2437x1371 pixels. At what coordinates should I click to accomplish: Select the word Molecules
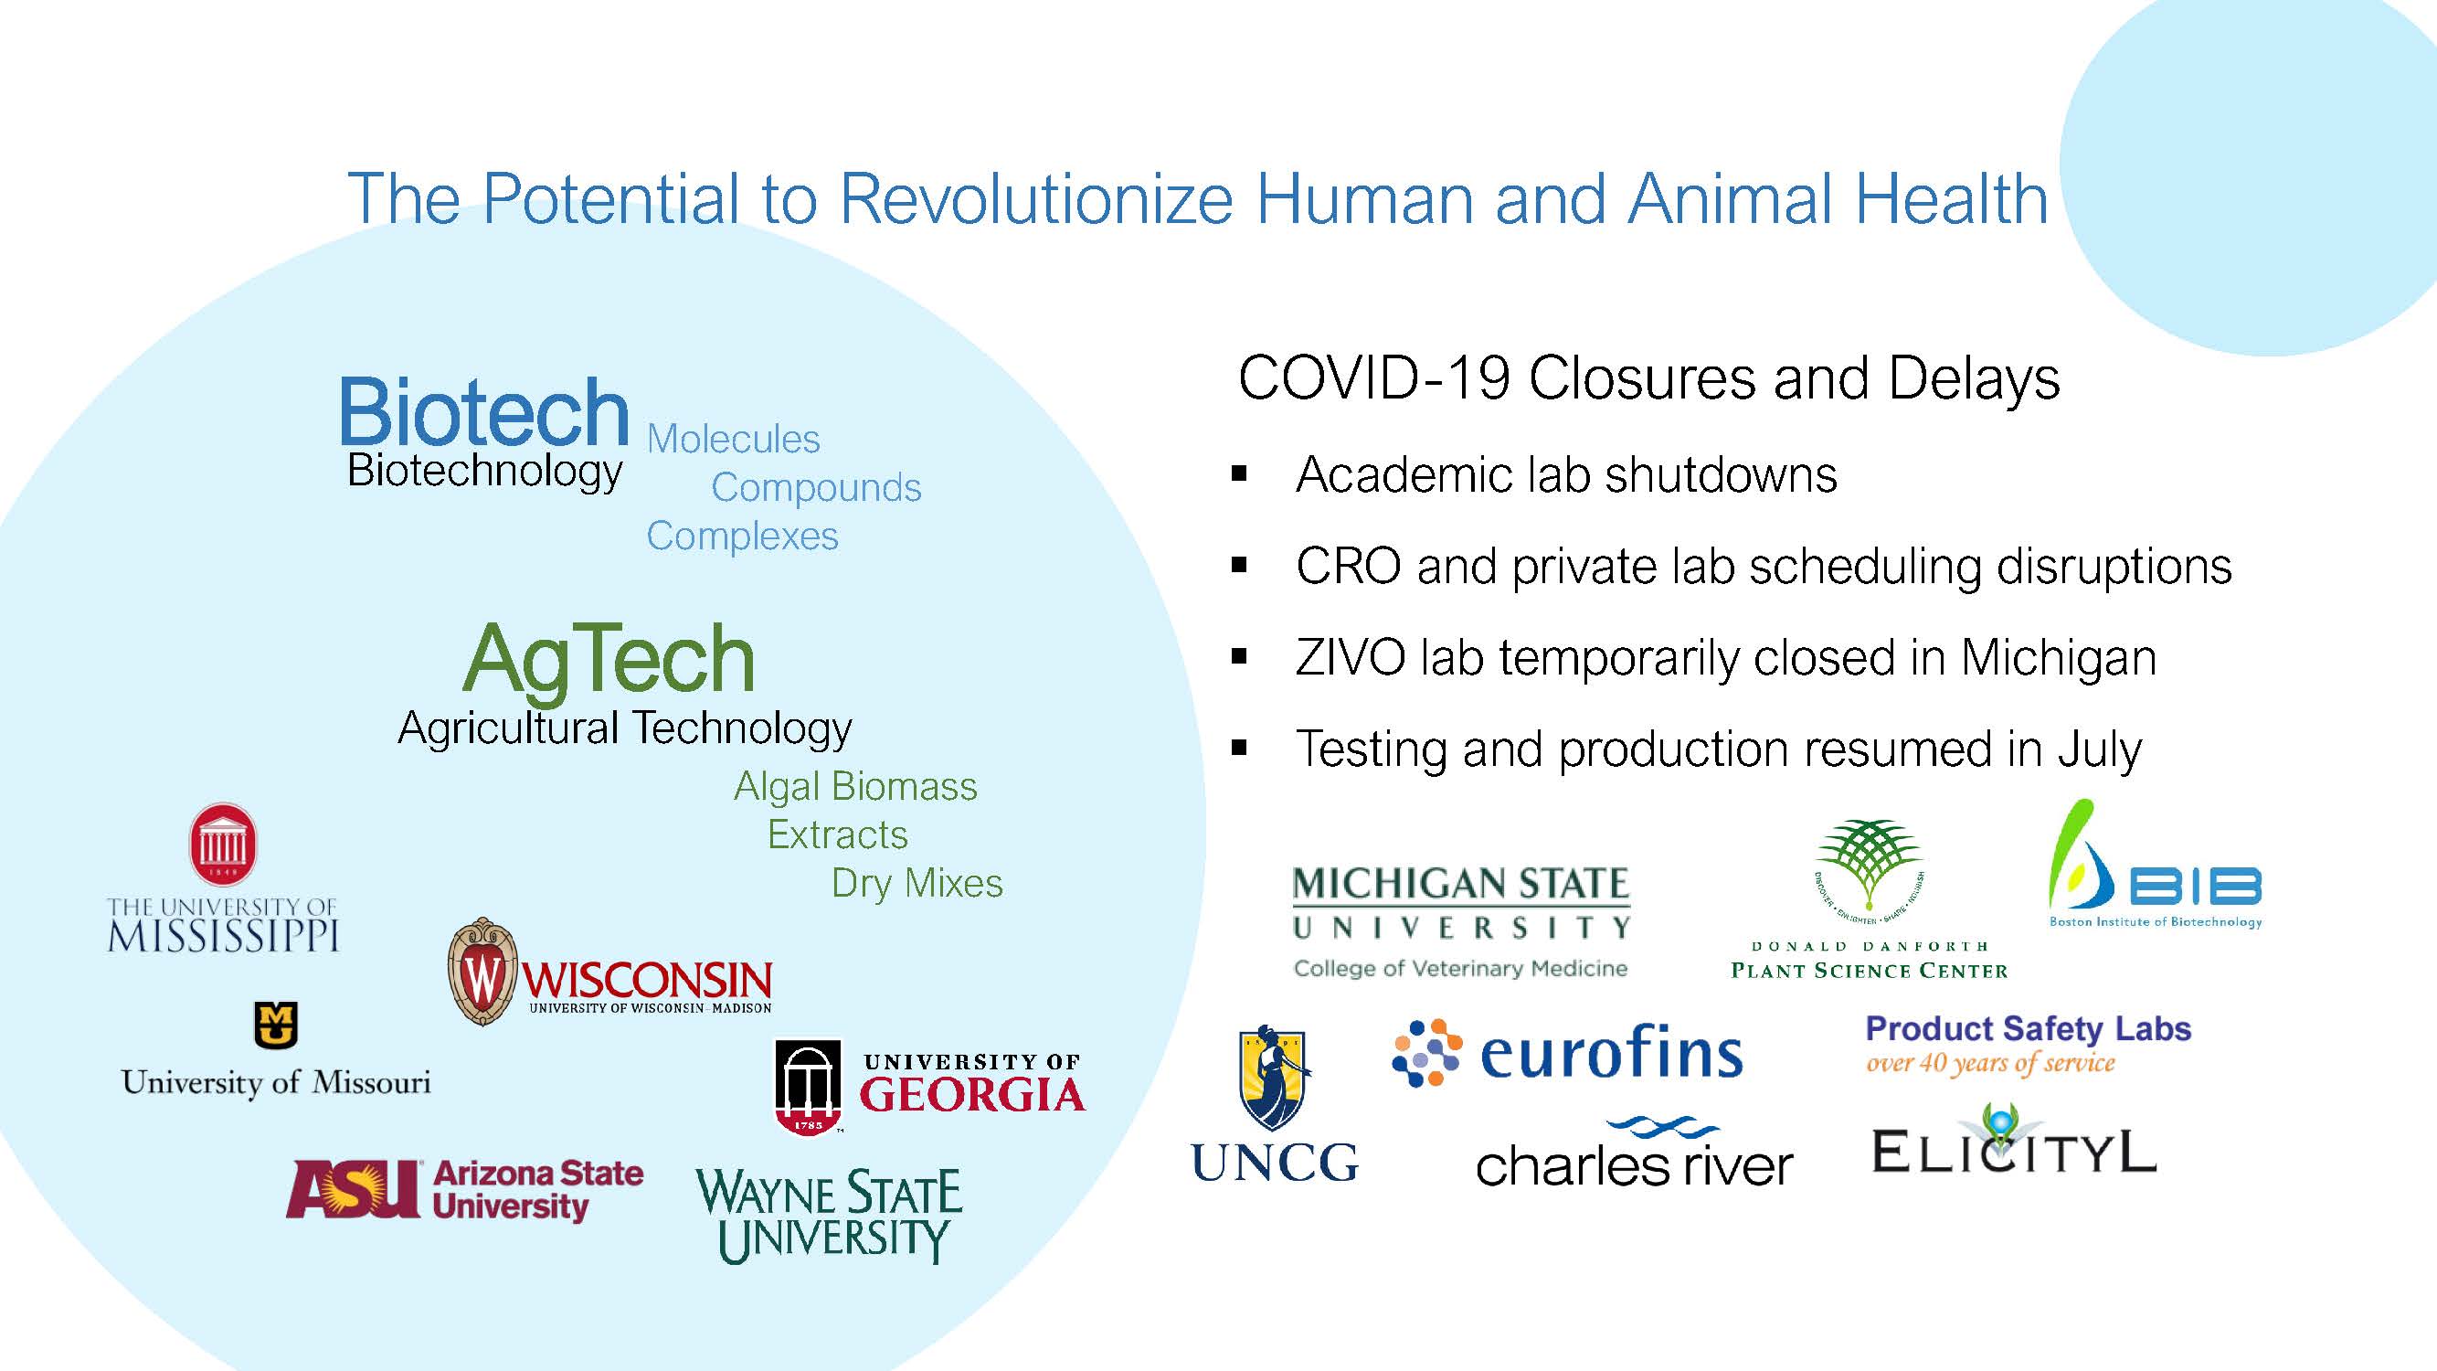tap(733, 439)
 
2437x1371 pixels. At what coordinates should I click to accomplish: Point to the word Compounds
tap(815, 488)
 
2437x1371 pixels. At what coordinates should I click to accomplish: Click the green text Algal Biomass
tap(855, 787)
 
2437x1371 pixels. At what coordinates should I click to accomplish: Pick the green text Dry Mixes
tap(917, 884)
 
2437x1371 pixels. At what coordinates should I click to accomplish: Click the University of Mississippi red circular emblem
tap(223, 844)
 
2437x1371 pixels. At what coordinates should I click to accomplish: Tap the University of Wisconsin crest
tap(482, 972)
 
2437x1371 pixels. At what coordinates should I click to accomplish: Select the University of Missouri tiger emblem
tap(276, 1025)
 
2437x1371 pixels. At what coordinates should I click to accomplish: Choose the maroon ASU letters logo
tap(353, 1188)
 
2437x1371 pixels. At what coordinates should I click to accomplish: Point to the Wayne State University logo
tap(829, 1216)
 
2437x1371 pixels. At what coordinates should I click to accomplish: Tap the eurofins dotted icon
tap(1427, 1053)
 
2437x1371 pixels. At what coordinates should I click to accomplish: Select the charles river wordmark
tap(1634, 1153)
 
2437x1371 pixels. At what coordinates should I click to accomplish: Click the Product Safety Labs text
tap(2029, 1028)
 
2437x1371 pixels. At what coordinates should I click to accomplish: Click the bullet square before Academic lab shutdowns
tap(1239, 474)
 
